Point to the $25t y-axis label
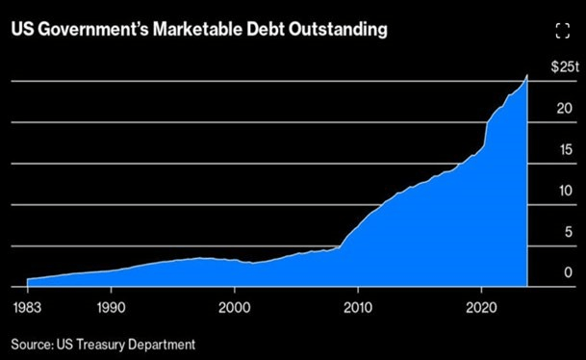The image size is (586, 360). pyautogui.click(x=563, y=66)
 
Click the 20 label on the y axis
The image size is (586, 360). pyautogui.click(x=567, y=108)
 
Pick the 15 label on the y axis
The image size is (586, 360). pyautogui.click(x=567, y=149)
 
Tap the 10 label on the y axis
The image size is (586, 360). pyautogui.click(x=567, y=191)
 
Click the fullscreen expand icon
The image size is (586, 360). pyautogui.click(x=564, y=31)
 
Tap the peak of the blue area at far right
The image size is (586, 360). pyautogui.click(x=526, y=77)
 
